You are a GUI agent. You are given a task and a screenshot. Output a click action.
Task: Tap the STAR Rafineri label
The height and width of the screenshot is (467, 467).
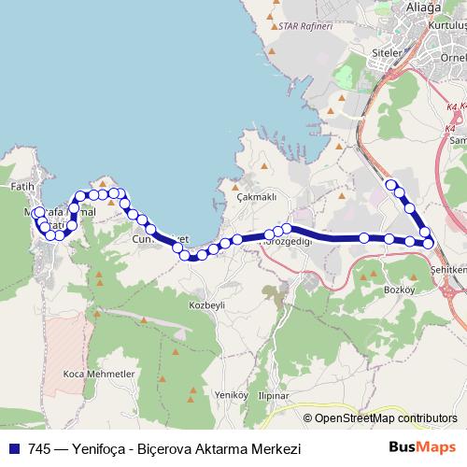pos(305,26)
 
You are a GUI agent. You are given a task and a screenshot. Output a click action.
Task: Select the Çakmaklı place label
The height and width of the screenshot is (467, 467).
pos(257,197)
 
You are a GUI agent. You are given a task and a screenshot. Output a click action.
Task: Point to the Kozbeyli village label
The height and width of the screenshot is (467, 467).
pos(207,305)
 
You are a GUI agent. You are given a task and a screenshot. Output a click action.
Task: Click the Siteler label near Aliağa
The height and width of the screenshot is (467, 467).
pos(387,53)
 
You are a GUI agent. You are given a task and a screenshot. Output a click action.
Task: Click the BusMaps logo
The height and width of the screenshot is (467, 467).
pos(422,448)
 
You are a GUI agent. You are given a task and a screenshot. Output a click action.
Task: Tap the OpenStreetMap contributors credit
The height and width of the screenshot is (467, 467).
pos(379,418)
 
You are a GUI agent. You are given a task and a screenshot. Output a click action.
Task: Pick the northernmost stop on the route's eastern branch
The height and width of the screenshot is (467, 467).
pos(391,184)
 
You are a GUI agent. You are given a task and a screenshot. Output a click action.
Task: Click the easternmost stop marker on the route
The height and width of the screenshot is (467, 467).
pos(429,244)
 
